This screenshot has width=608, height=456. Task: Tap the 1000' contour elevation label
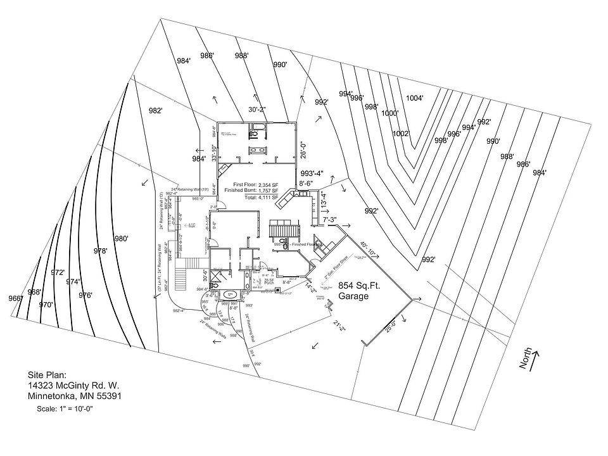(x=389, y=113)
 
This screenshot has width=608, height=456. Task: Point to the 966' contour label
(x=15, y=298)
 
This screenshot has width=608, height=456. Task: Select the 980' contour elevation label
(x=121, y=238)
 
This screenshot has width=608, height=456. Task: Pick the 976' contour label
(x=85, y=295)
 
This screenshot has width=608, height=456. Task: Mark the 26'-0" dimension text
(x=303, y=149)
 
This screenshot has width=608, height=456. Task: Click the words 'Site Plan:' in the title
(x=47, y=375)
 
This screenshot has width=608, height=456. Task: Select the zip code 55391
(x=108, y=396)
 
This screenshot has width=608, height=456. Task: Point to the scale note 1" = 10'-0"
(x=65, y=409)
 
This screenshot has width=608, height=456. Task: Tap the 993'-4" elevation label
(x=312, y=174)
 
